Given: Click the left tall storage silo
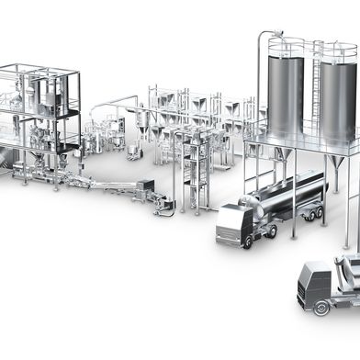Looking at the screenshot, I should click(285, 96).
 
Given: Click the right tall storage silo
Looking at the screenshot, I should click(336, 96).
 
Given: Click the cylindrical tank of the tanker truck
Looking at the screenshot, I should click(292, 195).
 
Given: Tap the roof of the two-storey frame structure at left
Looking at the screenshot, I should click(37, 68).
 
